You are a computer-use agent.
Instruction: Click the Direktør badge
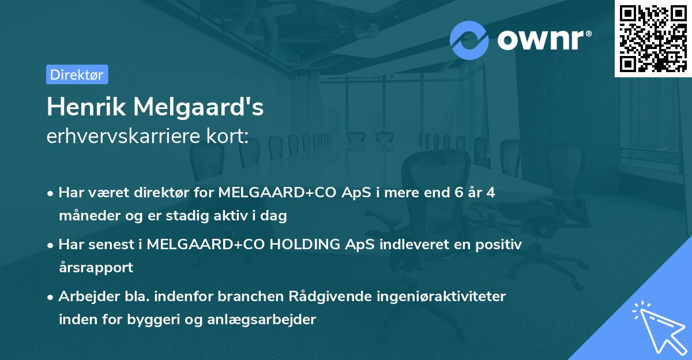point(77,74)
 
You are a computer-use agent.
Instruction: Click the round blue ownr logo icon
point(469,40)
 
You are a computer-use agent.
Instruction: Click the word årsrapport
point(96,267)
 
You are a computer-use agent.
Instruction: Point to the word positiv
point(501,245)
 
